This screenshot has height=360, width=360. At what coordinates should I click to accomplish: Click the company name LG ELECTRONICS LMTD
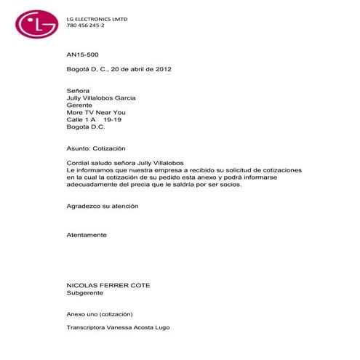[x=97, y=19]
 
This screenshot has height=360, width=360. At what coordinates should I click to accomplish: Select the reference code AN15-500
[x=81, y=54]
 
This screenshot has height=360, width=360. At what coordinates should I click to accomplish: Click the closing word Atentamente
[x=87, y=235]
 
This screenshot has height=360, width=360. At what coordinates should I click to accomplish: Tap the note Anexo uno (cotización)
[x=99, y=313]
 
